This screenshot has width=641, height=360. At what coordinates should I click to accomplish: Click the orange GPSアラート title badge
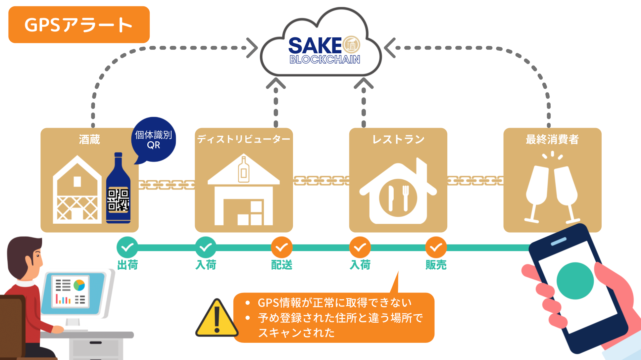pyautogui.click(x=79, y=25)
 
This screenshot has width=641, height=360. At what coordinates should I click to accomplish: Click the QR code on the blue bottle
pyautogui.click(x=118, y=200)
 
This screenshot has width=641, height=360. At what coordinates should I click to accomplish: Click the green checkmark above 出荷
pyautogui.click(x=127, y=247)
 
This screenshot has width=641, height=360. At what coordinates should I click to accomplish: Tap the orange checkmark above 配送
pyautogui.click(x=281, y=247)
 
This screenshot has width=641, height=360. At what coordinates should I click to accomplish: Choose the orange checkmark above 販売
pyautogui.click(x=436, y=247)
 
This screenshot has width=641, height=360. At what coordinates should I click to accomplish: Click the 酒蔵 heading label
pyautogui.click(x=89, y=140)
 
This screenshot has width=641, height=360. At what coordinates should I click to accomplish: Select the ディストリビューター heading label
pyautogui.click(x=244, y=139)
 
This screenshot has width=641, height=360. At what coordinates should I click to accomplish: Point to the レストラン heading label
pyautogui.click(x=398, y=139)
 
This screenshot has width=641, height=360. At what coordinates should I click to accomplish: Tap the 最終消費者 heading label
pyautogui.click(x=552, y=139)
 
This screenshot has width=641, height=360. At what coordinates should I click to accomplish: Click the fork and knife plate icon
pyautogui.click(x=398, y=198)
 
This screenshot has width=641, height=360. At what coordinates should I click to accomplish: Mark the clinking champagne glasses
pyautogui.click(x=552, y=189)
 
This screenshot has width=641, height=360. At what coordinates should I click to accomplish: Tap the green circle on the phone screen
pyautogui.click(x=575, y=281)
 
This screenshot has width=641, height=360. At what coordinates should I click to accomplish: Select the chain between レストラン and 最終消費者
pyautogui.click(x=475, y=181)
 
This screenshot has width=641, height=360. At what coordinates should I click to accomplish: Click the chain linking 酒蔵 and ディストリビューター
pyautogui.click(x=167, y=185)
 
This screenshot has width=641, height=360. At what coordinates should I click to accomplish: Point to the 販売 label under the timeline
pyautogui.click(x=436, y=265)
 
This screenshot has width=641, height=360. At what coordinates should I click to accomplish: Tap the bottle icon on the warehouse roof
pyautogui.click(x=244, y=169)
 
